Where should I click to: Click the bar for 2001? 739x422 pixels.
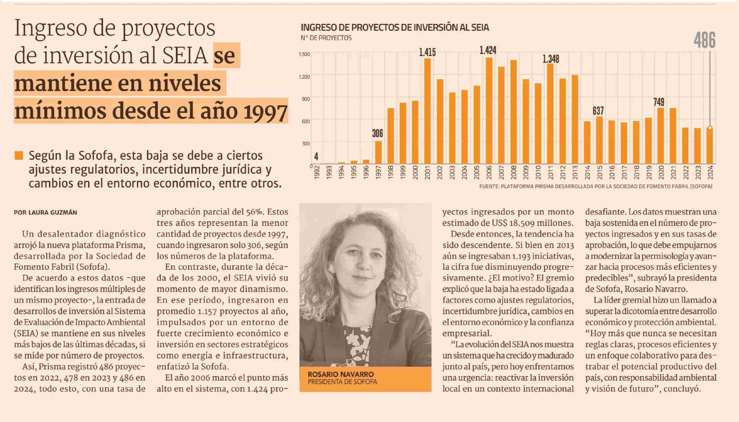pyautogui.click(x=427, y=111)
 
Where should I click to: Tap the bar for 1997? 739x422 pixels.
pyautogui.click(x=378, y=153)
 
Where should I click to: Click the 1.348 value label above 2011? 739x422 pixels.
pyautogui.click(x=551, y=59)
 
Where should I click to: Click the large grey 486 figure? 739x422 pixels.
pyautogui.click(x=704, y=40)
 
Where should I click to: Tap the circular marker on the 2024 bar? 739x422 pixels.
pyautogui.click(x=710, y=128)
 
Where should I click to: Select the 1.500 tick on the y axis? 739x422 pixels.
pyautogui.click(x=304, y=54)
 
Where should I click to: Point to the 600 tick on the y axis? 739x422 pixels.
pyautogui.click(x=305, y=121)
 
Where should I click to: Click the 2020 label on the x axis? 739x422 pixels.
pyautogui.click(x=661, y=172)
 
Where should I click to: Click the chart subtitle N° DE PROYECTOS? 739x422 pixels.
pyautogui.click(x=326, y=38)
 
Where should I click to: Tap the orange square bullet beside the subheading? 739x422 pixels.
pyautogui.click(x=19, y=155)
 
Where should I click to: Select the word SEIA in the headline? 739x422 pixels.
pyautogui.click(x=185, y=56)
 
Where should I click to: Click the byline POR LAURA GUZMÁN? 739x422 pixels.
pyautogui.click(x=45, y=212)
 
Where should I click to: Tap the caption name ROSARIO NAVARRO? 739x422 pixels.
pyautogui.click(x=341, y=374)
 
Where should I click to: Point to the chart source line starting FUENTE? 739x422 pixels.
pyautogui.click(x=596, y=186)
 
